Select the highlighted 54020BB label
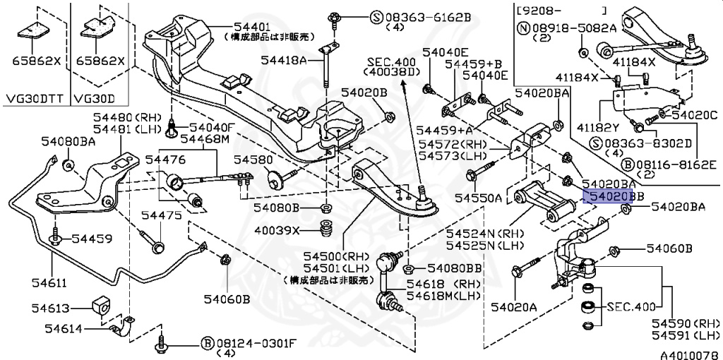tap(607, 195)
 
